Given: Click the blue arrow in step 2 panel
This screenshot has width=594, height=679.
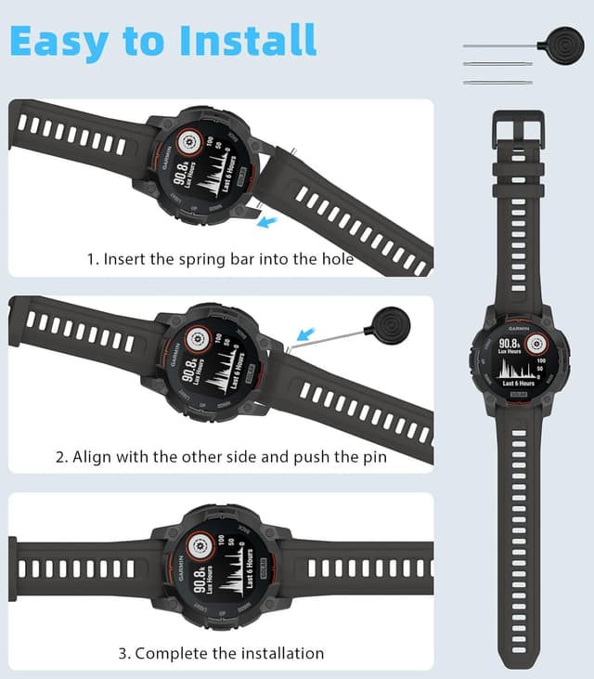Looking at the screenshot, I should point(308,333).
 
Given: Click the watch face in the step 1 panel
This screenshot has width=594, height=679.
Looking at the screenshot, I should point(211,164).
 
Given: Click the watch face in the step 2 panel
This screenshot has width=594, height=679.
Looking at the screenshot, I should point(215,363).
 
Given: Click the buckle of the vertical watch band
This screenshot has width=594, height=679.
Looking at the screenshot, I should point(519,131).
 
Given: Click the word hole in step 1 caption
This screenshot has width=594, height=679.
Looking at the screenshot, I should point(336,259).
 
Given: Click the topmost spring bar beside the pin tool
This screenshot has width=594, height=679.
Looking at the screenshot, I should point(497,46).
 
